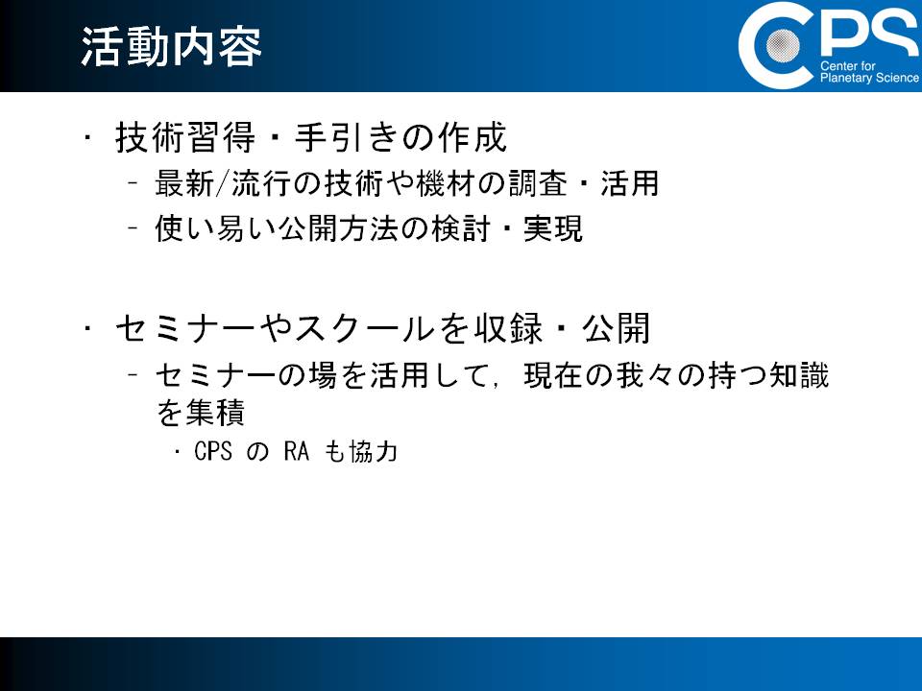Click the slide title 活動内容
tap(171, 46)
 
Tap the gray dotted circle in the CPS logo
tap(783, 45)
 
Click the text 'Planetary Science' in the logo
tap(869, 78)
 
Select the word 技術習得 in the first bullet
tap(185, 137)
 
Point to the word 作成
tap(473, 137)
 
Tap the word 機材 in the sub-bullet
tap(445, 183)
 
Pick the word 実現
tap(553, 228)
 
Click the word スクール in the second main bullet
tap(363, 328)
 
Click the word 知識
tap(799, 375)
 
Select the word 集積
tap(214, 412)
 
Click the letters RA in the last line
tap(297, 451)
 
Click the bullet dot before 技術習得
tap(87, 137)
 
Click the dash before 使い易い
tap(133, 227)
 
